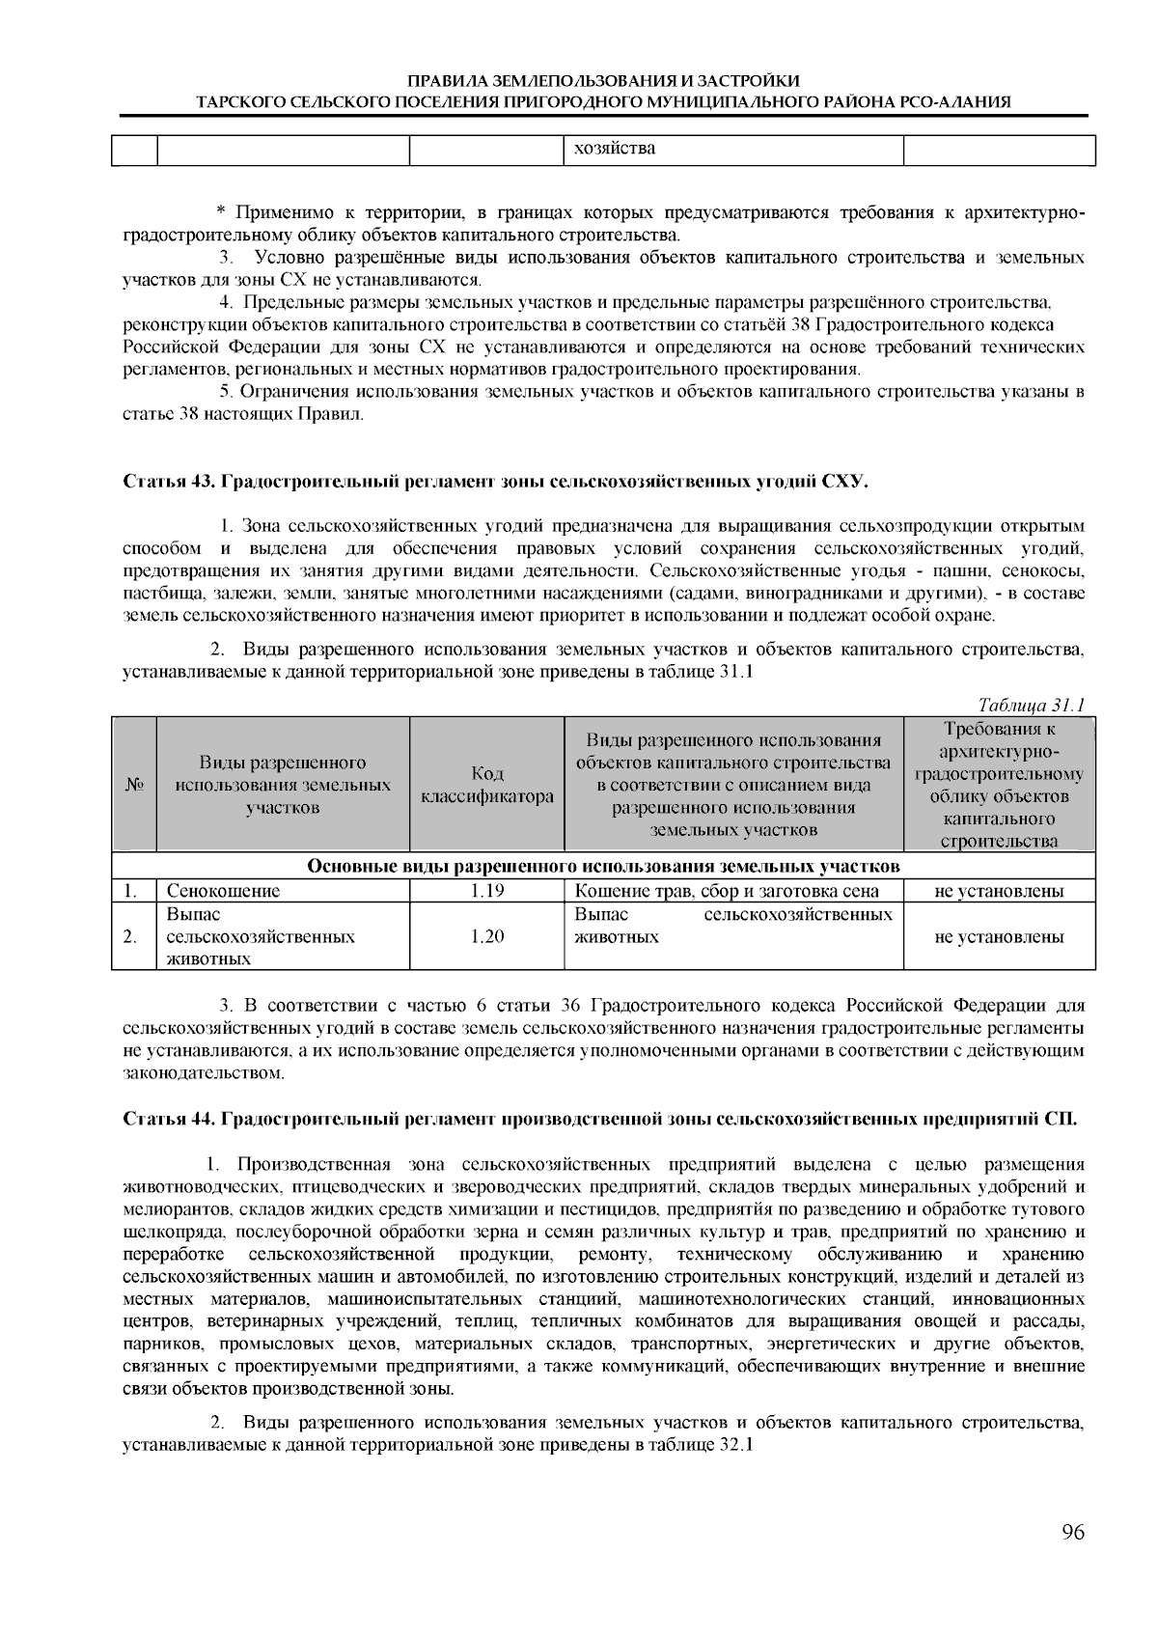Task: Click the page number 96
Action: [x=1073, y=1533]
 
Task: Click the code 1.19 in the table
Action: [x=486, y=891]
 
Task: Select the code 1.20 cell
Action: [x=486, y=936]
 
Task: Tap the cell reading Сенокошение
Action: [x=224, y=891]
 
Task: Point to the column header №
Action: [x=134, y=785]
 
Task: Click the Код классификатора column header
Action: [x=486, y=785]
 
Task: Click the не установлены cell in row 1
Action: [x=999, y=891]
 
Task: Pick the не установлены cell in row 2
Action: [x=999, y=936]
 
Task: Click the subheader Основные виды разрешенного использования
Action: [x=603, y=866]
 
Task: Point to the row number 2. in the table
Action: [x=128, y=936]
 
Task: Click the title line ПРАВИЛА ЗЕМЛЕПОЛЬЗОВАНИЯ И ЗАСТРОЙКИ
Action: [x=603, y=81]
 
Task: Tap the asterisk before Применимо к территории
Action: [x=220, y=212]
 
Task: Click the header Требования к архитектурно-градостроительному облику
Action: [x=999, y=785]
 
